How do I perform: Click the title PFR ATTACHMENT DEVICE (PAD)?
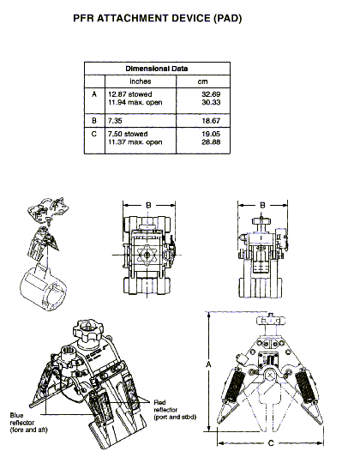[158, 18]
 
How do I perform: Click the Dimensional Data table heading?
[157, 69]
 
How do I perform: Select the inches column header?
[141, 81]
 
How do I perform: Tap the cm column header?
[202, 81]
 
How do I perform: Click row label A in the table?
[94, 94]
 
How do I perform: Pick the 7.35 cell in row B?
[115, 121]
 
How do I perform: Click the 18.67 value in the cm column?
[211, 121]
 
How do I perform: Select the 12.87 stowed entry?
[130, 94]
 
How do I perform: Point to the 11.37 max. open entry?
[135, 142]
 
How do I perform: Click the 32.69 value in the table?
[211, 94]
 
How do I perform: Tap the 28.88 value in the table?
[211, 142]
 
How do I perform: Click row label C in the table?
[94, 134]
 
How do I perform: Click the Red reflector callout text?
[175, 410]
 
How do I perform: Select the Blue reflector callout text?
[28, 423]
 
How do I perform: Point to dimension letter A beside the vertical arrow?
[208, 364]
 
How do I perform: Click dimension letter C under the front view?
[271, 443]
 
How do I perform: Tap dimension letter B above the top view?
[149, 205]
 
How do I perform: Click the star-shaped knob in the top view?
[147, 255]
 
